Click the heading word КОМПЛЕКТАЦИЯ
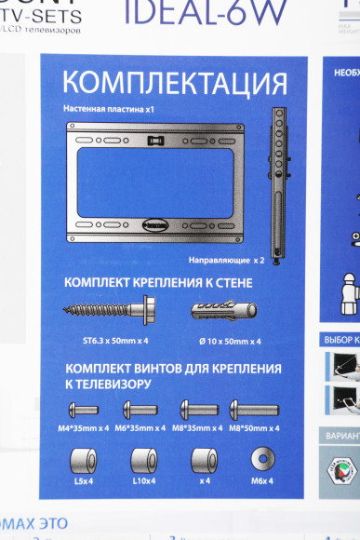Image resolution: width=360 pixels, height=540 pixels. pyautogui.click(x=162, y=81)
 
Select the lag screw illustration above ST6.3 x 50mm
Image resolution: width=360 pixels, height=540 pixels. pyautogui.click(x=107, y=308)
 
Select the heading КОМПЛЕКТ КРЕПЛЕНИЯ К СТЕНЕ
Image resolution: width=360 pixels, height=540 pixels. pyautogui.click(x=158, y=282)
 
